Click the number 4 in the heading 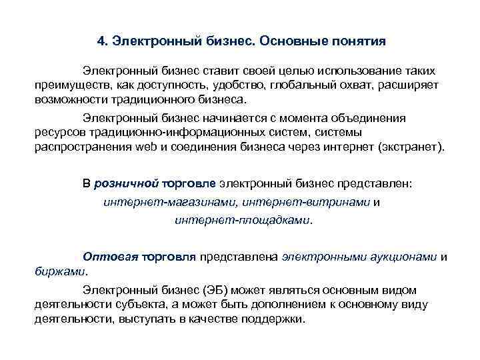pos(100,42)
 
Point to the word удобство pos(233,86)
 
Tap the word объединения pos(386,118)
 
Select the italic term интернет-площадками pos(243,220)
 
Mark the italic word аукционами pos(407,257)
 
